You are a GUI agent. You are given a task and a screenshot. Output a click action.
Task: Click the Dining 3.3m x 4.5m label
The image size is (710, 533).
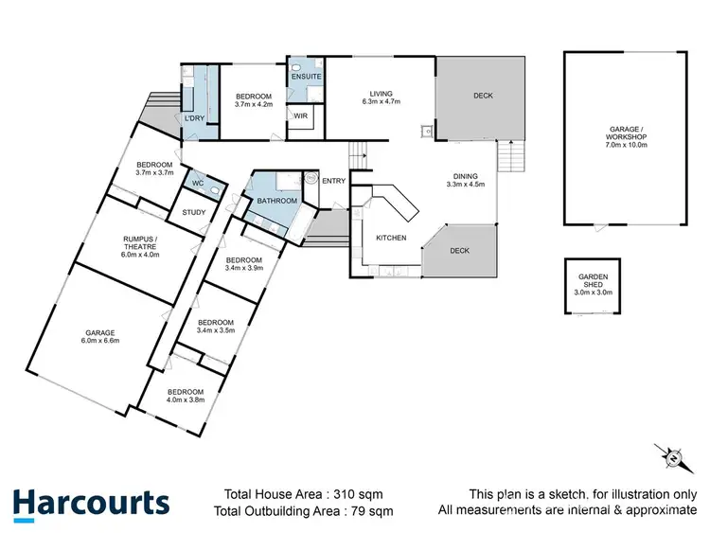(465, 180)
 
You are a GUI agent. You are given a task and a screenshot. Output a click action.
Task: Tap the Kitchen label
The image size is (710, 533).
(391, 238)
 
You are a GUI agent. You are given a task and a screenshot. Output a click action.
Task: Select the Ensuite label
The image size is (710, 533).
(307, 76)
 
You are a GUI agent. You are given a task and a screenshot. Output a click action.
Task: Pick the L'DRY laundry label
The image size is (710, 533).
(195, 118)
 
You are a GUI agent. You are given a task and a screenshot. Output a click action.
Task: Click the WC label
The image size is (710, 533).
(198, 183)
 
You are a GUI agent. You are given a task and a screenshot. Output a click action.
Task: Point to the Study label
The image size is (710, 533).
(195, 212)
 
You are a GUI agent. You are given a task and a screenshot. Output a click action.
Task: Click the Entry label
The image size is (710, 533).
(333, 182)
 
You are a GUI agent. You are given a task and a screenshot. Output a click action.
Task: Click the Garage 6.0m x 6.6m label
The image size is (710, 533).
(100, 337)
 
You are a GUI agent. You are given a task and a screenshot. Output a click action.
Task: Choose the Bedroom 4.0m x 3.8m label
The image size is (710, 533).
(185, 396)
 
